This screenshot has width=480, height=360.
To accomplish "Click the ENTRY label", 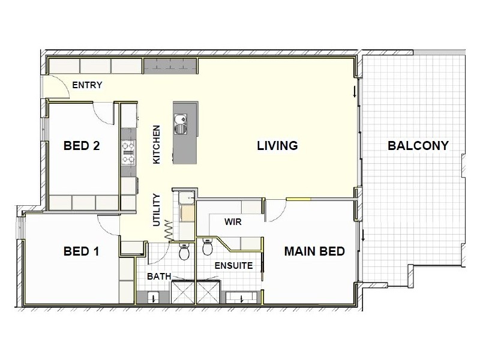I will coord(87,85).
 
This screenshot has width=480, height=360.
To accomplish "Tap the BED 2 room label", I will coord(81,146).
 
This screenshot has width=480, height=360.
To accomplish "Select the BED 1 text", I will coord(81,251).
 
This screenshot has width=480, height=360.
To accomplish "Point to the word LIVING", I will coord(277,146).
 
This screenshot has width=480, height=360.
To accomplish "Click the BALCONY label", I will coord(418,146).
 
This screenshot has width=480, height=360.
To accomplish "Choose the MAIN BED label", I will coord(314,251).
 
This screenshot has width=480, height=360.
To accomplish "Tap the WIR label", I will coord(233,222).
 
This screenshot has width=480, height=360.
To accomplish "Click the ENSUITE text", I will coord(233,265).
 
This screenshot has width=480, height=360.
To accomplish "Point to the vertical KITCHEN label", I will coord(157,145).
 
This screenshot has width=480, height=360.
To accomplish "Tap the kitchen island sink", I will coord(180,126).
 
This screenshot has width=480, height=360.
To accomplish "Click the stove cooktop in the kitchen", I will coord(128,152).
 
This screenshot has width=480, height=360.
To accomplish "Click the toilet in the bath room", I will coord(184,253).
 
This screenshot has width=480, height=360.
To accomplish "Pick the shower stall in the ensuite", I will coord(208,293).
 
